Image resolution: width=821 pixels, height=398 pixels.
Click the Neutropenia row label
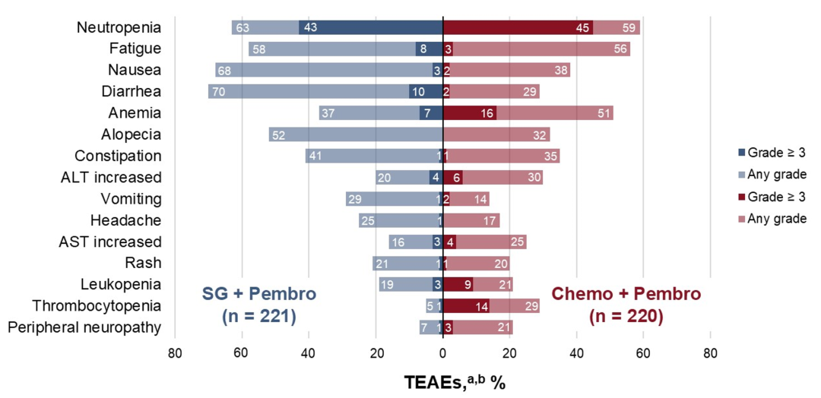[x=119, y=27]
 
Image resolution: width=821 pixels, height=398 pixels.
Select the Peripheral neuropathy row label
[x=84, y=327]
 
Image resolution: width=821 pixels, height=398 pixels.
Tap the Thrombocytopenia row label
[x=97, y=306]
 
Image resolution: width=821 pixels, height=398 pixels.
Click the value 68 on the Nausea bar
[x=224, y=70]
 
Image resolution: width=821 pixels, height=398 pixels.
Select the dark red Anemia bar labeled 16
[x=469, y=113]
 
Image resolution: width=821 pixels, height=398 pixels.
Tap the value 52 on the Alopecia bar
[x=278, y=134]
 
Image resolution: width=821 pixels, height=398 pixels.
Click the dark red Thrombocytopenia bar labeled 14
[x=466, y=306]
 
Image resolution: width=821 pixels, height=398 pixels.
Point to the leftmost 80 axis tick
[x=175, y=352]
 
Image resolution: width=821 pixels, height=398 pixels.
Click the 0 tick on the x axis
[x=442, y=352]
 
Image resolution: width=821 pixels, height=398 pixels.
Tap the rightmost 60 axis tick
[x=643, y=352]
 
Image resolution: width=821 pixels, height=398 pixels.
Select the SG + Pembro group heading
[x=258, y=294]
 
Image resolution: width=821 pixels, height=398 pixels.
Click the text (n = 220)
[x=625, y=316]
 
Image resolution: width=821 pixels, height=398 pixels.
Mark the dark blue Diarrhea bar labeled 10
[x=426, y=91]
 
